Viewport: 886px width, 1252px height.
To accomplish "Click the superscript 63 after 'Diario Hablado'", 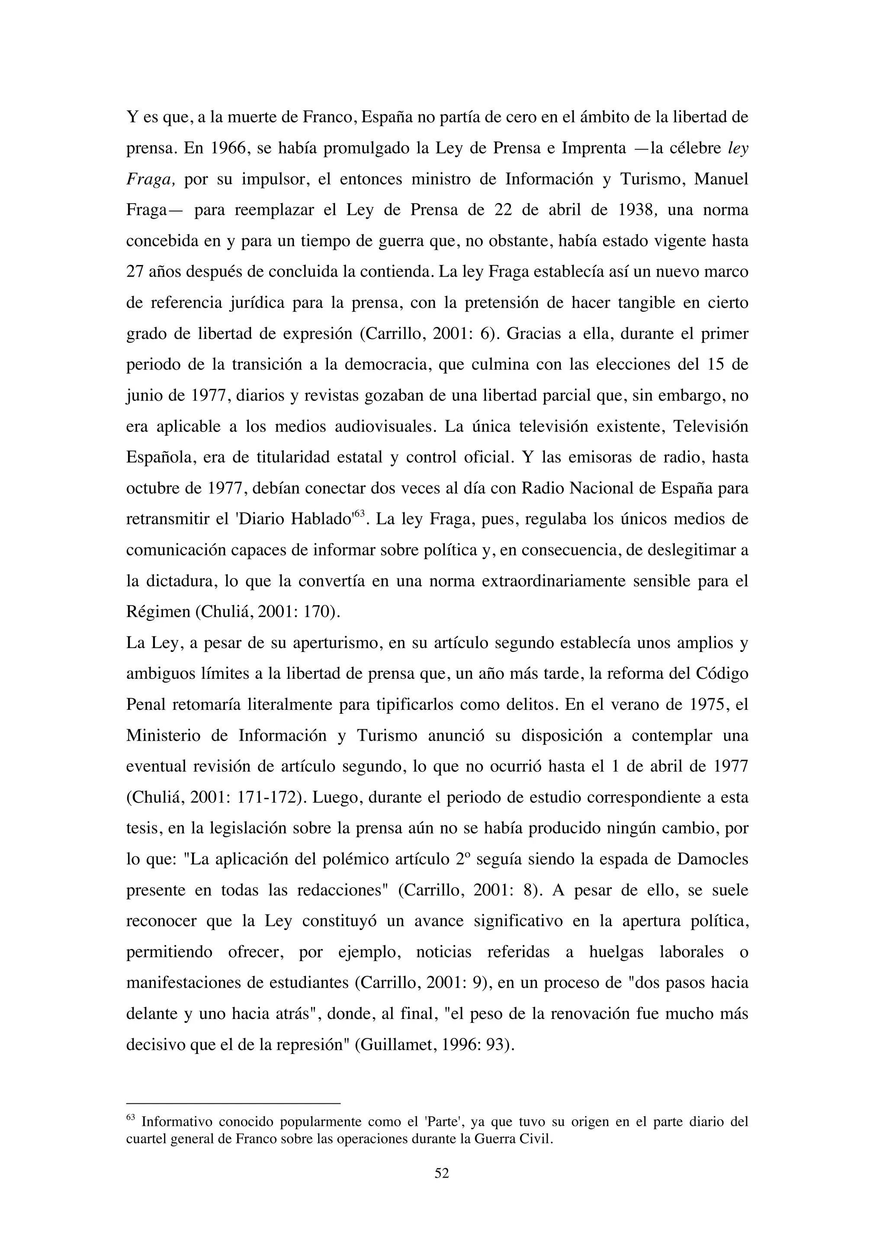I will coord(359,513).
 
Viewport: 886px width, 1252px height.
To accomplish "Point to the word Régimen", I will coord(158,612).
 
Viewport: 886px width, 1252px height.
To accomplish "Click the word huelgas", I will coord(616,952).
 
